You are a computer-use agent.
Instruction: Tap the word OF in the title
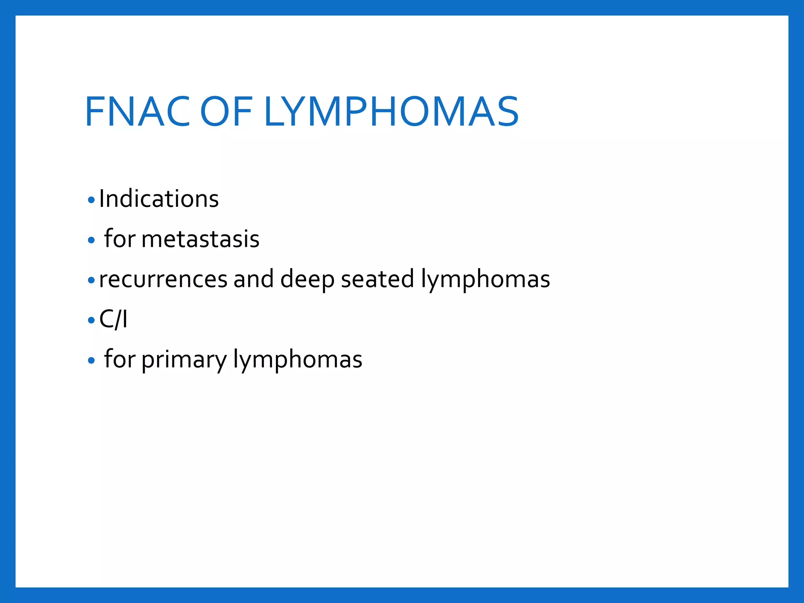226,112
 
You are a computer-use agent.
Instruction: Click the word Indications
159,199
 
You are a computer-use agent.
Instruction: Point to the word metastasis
200,239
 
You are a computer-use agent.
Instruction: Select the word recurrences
163,280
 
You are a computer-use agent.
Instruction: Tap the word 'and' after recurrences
253,280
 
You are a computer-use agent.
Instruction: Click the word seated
377,280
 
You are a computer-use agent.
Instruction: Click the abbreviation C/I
113,319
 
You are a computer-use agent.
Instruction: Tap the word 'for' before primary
119,359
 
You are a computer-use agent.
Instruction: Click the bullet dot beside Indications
91,200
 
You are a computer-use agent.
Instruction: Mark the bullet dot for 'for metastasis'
91,240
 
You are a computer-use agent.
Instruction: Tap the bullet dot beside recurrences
91,280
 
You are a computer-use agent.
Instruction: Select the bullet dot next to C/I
91,320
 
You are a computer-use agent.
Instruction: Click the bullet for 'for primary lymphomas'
91,360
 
